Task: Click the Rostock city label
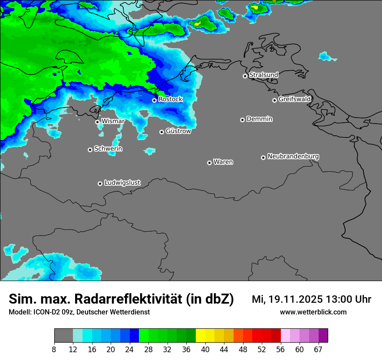coord(170,99)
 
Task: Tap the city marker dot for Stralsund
coord(245,76)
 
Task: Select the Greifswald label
coord(294,99)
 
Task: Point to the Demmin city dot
coord(242,120)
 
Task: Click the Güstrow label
coord(178,131)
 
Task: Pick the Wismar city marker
coord(97,122)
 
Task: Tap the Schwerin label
coord(108,149)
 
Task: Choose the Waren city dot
coord(209,163)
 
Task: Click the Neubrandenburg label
coord(293,156)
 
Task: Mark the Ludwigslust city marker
coord(100,183)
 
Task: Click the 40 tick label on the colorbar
coord(205,350)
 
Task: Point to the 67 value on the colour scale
coord(318,350)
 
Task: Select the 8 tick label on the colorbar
coord(54,350)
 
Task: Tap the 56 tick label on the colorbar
coord(280,350)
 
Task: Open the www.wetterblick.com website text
coord(313,312)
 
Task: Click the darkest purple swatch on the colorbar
coord(323,336)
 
